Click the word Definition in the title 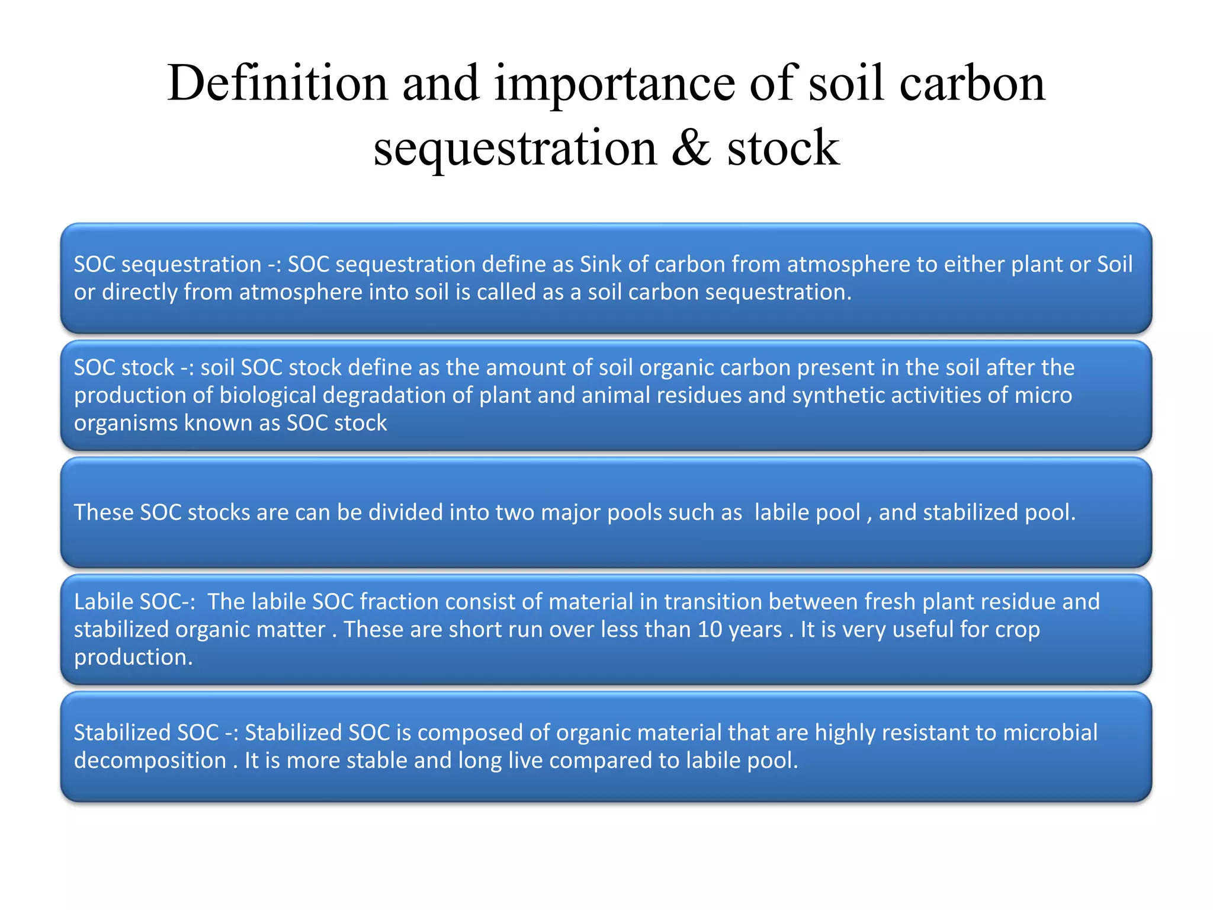click(277, 83)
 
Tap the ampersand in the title click(691, 148)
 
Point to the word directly click(139, 292)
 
